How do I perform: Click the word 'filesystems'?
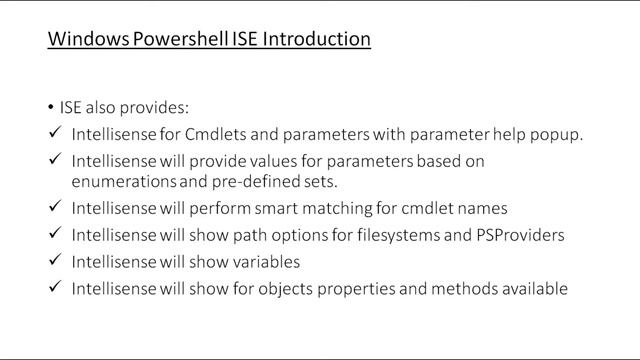point(409,237)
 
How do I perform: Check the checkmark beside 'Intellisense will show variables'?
point(53,262)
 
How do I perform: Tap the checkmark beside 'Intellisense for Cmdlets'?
point(53,134)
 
